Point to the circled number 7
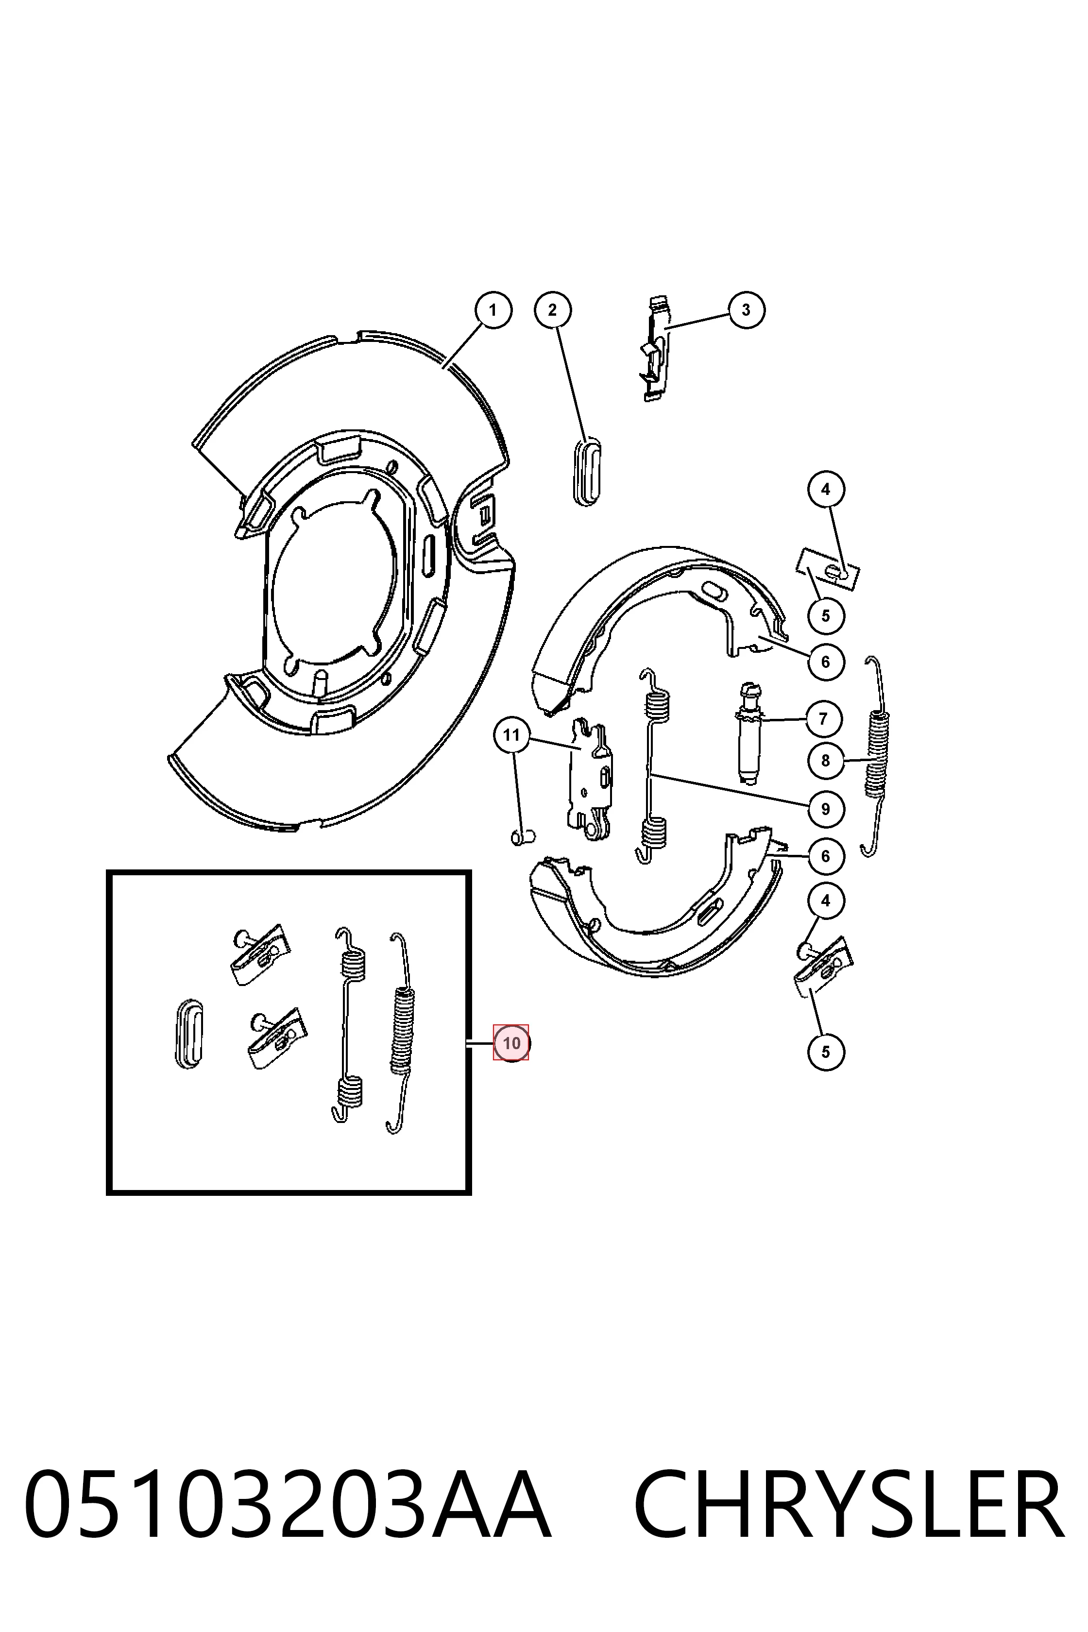(x=824, y=718)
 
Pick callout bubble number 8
(x=826, y=761)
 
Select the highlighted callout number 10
(x=511, y=1043)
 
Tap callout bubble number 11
(x=511, y=735)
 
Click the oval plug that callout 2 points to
(x=587, y=472)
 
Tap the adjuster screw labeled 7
(x=748, y=733)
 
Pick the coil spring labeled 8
(x=876, y=756)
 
